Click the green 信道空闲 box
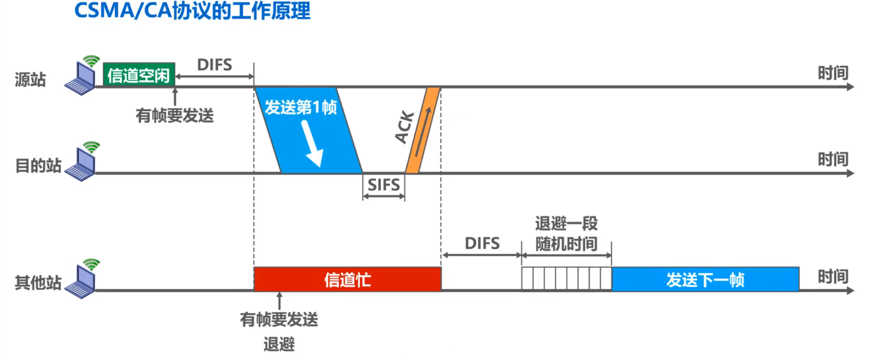point(139,75)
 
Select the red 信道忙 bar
point(347,279)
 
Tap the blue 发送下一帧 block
point(705,280)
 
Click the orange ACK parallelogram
point(422,130)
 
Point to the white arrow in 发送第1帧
point(312,144)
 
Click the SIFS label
point(383,185)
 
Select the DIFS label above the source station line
point(215,65)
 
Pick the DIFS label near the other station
point(482,243)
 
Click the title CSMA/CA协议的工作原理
point(192,11)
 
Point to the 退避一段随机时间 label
point(566,233)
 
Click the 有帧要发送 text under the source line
point(175,116)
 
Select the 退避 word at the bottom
point(279,344)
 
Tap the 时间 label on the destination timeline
point(833,159)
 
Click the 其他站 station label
point(38,283)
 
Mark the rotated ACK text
point(404,127)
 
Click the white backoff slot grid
point(566,279)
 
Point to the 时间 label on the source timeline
point(833,73)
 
